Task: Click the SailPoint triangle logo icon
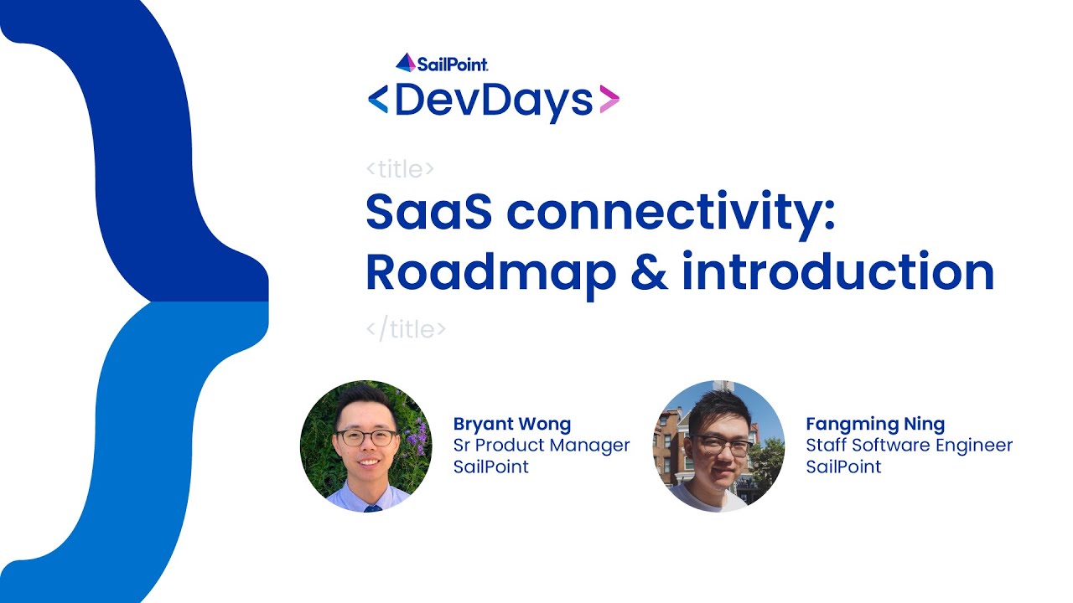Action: tap(406, 63)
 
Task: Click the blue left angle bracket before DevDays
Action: tap(378, 100)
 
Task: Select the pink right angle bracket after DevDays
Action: tap(609, 100)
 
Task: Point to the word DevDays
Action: tap(494, 100)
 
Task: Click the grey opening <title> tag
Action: tap(401, 169)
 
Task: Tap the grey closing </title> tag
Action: tap(407, 329)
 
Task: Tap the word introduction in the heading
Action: tap(837, 272)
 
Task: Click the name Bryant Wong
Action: tap(512, 424)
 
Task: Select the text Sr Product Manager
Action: tap(542, 445)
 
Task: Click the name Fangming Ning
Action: tap(875, 424)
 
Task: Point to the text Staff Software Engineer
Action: tap(910, 445)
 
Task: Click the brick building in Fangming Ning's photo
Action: tap(671, 444)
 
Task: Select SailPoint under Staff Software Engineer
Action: tap(843, 466)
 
